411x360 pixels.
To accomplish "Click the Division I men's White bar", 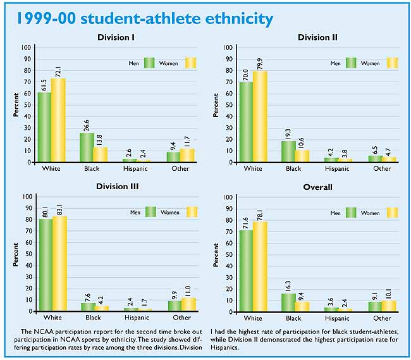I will click(44, 127).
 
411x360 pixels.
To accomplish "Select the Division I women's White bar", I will click(58, 120).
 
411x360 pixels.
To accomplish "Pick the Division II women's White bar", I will click(260, 116).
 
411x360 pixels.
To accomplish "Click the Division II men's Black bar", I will click(288, 151).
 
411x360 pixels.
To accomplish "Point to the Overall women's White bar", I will click(260, 266).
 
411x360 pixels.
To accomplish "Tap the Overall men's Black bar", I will click(288, 302).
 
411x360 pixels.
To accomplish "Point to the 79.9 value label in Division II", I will click(260, 61).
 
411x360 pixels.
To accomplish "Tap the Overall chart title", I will click(318, 187).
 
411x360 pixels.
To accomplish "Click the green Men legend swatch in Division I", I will click(150, 63).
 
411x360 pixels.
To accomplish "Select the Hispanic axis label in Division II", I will click(336, 169).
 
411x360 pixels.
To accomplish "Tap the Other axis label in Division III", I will click(181, 318).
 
